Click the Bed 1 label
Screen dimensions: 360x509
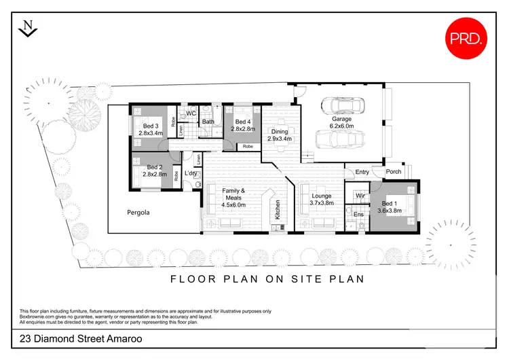389,204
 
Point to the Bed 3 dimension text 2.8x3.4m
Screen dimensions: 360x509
151,133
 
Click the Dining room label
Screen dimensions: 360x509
280,131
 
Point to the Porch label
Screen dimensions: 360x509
394,172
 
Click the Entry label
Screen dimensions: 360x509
362,172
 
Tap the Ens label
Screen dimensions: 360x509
359,215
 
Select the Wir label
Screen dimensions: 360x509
360,196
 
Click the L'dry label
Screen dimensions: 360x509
190,173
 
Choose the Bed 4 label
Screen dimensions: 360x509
242,121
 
